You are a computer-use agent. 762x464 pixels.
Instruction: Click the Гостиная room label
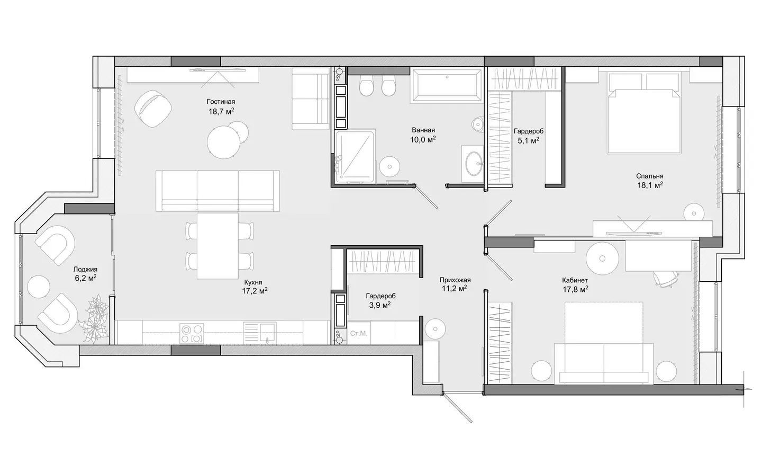coord(221,102)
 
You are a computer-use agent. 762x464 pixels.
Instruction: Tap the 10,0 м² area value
coord(423,140)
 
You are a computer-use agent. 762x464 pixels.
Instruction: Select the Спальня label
coord(650,176)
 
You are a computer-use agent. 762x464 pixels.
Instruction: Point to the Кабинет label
coord(575,281)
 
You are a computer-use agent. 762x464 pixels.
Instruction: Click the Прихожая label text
coord(455,280)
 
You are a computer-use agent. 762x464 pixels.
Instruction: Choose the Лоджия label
coord(85,270)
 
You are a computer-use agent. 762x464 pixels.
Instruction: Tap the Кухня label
coord(253,282)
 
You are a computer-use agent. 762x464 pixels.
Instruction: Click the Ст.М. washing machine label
coord(359,333)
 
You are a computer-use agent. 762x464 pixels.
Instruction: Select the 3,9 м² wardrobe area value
coord(379,305)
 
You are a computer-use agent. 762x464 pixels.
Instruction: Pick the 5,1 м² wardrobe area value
coord(528,140)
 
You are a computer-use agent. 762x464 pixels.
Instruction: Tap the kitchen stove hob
coord(192,334)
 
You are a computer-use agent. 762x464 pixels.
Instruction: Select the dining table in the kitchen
coord(217,246)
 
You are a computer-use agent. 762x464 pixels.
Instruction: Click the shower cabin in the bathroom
coord(355,157)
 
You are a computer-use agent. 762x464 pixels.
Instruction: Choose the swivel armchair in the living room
coord(153,109)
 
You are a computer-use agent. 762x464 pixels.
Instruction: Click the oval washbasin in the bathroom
coord(473,164)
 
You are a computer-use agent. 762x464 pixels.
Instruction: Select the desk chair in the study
coord(666,279)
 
